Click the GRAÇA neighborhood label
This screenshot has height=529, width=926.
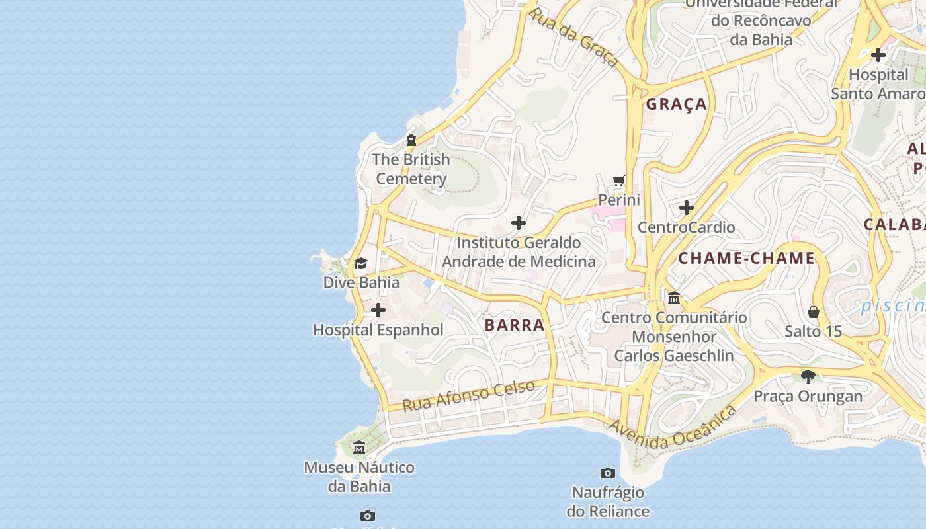click(x=677, y=104)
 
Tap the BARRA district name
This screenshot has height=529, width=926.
click(x=515, y=325)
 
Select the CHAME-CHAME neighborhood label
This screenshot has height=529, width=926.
click(x=747, y=259)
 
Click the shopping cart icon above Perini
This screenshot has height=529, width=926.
click(x=619, y=181)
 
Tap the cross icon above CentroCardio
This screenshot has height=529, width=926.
click(x=687, y=208)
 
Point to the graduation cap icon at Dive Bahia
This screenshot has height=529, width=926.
click(x=360, y=264)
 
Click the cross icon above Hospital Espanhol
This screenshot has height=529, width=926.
click(x=378, y=310)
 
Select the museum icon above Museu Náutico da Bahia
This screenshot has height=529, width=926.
click(x=359, y=448)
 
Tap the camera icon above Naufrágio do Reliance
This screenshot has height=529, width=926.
click(x=608, y=473)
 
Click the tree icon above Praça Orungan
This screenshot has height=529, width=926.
click(x=808, y=377)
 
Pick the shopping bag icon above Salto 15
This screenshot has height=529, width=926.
click(x=814, y=311)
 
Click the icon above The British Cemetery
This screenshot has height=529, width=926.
click(x=411, y=140)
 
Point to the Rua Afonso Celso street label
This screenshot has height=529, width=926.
click(x=468, y=396)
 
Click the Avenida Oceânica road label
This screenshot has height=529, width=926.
click(x=673, y=428)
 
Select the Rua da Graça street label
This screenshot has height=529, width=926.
click(x=574, y=37)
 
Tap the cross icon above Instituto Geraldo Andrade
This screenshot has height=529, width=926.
click(x=519, y=223)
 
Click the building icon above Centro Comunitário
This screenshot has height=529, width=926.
click(x=674, y=298)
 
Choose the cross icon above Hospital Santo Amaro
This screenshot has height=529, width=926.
click(x=878, y=55)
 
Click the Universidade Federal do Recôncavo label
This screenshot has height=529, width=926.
click(x=761, y=21)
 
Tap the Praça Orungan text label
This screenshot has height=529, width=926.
click(x=808, y=397)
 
